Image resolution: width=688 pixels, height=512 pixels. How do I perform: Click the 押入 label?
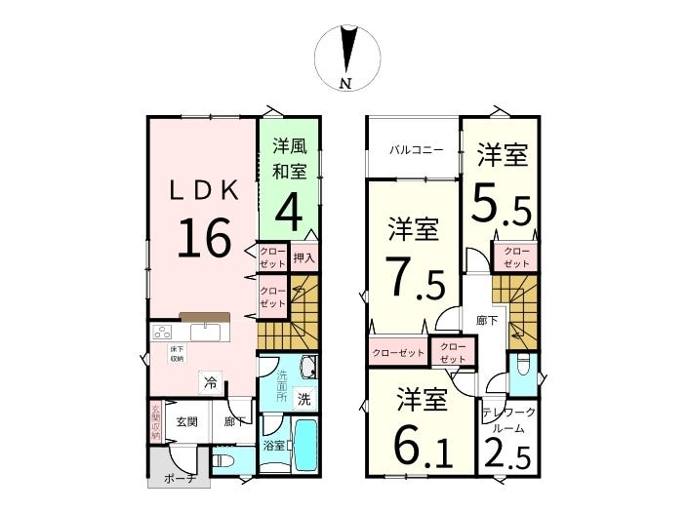click(x=304, y=257)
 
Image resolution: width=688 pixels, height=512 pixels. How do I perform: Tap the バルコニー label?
click(x=417, y=151)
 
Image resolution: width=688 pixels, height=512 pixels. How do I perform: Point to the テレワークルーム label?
click(x=507, y=419)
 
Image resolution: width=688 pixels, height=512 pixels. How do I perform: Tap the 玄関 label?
click(x=187, y=421)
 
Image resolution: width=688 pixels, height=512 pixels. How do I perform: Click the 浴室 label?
click(x=272, y=446)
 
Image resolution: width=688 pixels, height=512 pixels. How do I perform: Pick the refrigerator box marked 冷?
click(x=210, y=383)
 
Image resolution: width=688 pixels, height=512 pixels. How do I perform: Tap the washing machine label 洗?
click(x=304, y=398)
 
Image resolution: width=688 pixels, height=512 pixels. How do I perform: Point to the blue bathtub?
click(x=305, y=446)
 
